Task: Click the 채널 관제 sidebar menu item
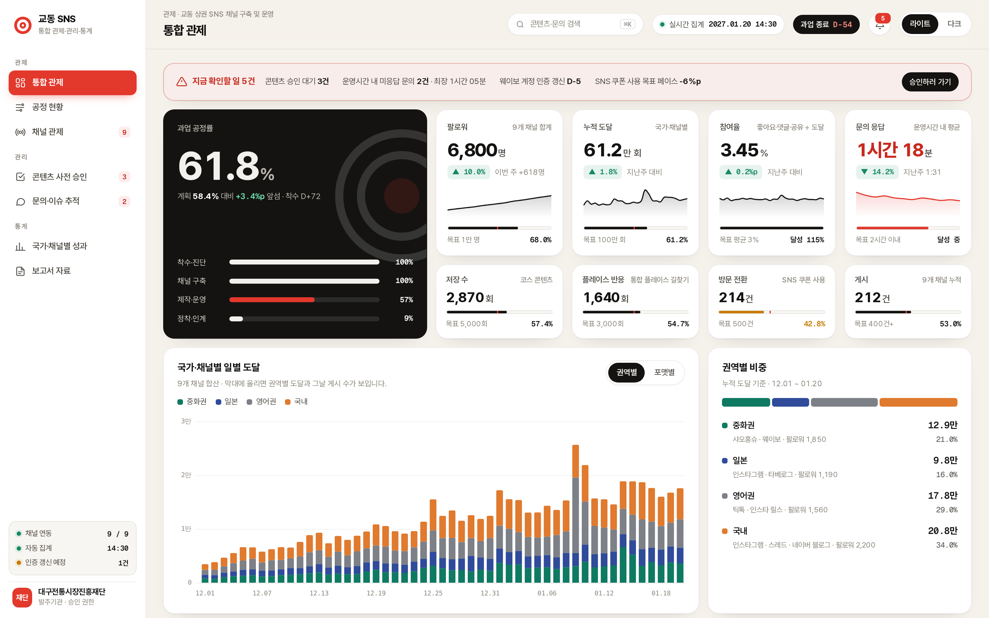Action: (72, 132)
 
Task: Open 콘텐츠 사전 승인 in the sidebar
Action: (72, 176)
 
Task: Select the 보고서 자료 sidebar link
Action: (72, 271)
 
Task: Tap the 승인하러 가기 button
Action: (930, 82)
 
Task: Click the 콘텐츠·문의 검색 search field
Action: (575, 24)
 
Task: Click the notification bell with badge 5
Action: (880, 24)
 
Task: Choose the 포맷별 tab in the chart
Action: (664, 372)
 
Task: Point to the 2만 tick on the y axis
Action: (186, 475)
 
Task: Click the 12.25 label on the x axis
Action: (433, 593)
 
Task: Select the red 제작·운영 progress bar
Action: (272, 300)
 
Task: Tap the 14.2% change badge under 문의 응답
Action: (877, 172)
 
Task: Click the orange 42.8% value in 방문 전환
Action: (814, 324)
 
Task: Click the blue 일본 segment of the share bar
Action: (790, 402)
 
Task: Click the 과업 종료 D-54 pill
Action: (826, 24)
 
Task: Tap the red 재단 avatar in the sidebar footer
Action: (22, 597)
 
